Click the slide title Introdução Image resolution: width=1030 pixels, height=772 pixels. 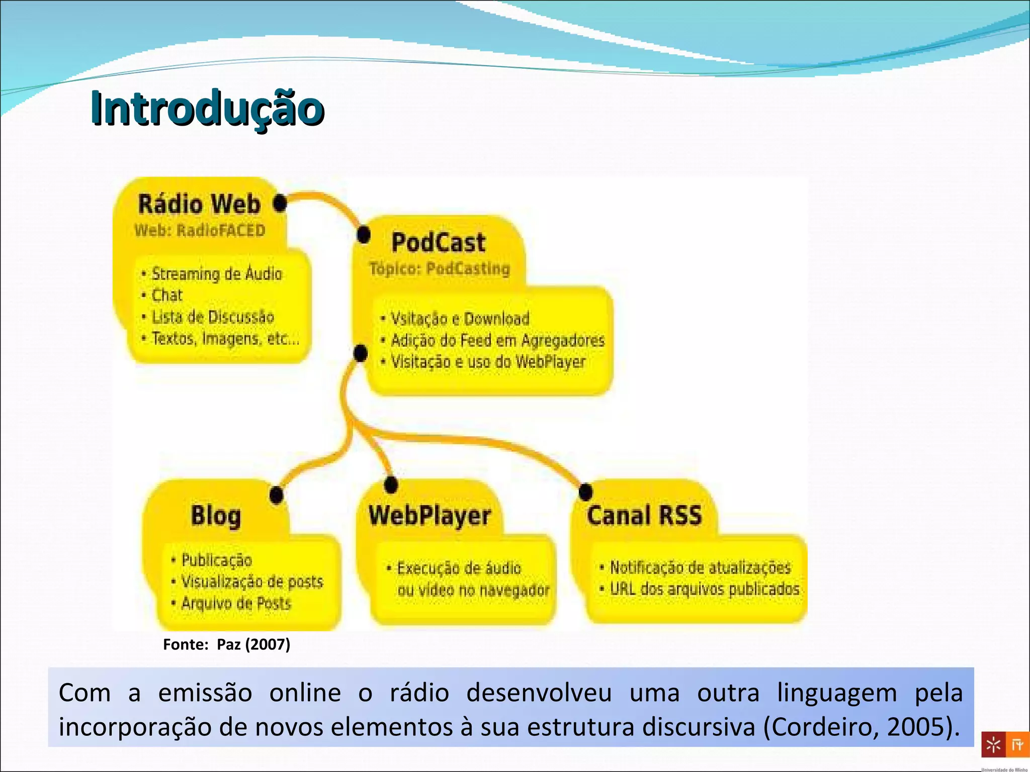point(207,108)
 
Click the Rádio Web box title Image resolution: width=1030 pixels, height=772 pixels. point(199,205)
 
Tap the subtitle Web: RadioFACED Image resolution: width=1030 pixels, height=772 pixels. point(200,231)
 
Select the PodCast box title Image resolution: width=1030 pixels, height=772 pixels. point(438,242)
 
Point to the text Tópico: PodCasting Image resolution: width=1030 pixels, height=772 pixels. point(440,269)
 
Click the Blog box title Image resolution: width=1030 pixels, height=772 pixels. point(216,516)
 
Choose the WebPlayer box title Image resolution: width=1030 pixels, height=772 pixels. point(430,516)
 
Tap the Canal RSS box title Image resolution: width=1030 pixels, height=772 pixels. point(644,516)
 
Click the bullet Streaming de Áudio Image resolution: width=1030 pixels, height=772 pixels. point(216,274)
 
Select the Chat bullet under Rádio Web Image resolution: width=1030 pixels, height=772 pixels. point(167,295)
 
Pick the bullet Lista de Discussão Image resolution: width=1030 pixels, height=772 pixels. point(213,317)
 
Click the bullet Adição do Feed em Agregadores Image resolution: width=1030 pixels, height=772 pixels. point(497,341)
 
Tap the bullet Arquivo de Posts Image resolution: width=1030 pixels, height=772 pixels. point(236,603)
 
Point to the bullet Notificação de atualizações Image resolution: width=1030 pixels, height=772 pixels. point(700,567)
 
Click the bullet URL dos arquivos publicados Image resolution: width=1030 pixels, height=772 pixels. point(704,589)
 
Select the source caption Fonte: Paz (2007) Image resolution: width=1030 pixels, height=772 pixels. point(226,644)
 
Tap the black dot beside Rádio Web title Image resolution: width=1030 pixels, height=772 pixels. point(280,204)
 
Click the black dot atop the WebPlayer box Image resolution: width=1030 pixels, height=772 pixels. point(391,485)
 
